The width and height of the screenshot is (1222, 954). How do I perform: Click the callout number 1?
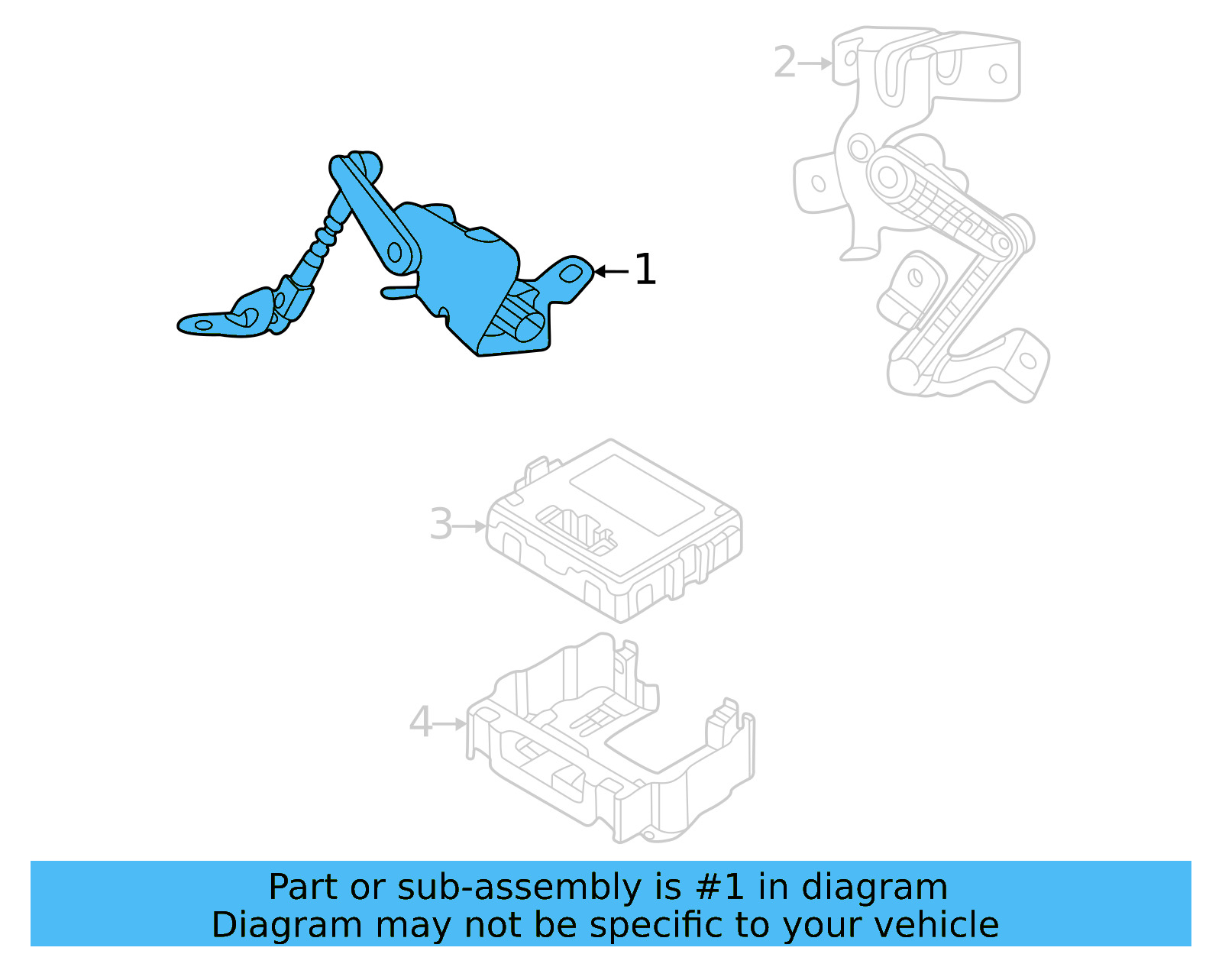645,270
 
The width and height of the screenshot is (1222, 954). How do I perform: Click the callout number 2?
784,63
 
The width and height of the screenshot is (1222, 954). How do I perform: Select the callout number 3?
441,525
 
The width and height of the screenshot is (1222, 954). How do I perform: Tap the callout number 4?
421,722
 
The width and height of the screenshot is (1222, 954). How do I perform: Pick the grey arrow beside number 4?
451,723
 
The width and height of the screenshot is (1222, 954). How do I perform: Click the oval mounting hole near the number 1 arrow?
573,273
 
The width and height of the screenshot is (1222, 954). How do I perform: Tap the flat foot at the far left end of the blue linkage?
202,325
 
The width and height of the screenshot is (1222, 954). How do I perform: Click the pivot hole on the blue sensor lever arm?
396,252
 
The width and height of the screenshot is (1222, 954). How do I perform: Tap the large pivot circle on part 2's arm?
887,177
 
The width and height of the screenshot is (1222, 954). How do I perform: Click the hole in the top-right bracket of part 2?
997,73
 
